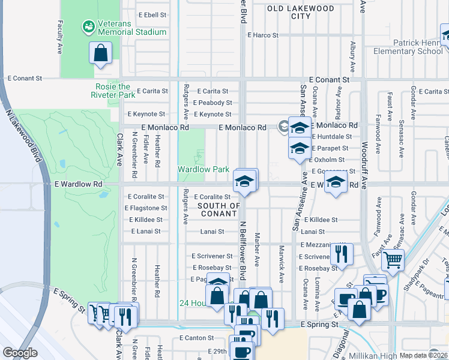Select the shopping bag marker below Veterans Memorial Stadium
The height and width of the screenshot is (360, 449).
tap(101, 53)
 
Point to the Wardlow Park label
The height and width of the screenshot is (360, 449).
tap(203, 169)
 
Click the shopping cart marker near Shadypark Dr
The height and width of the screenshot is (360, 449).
tap(393, 260)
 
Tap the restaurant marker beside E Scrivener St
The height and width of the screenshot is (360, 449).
tap(342, 254)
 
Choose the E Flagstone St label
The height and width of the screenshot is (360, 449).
tap(146, 208)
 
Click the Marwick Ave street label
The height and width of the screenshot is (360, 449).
tap(281, 264)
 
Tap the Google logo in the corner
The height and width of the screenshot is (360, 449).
tap(20, 353)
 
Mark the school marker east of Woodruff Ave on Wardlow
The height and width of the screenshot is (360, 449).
tap(336, 182)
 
